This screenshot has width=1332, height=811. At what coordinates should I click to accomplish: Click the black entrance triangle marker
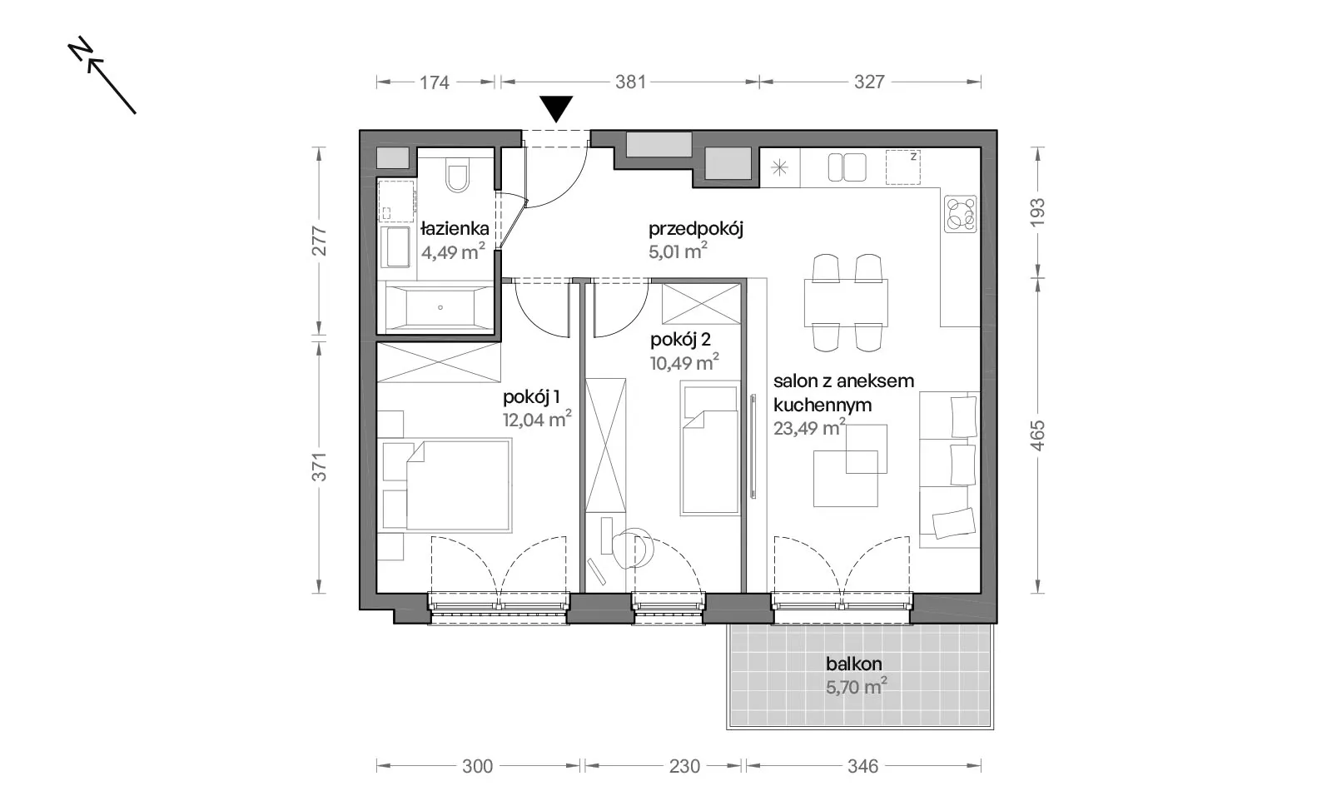click(x=556, y=108)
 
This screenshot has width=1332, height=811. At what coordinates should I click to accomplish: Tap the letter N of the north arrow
click(x=80, y=49)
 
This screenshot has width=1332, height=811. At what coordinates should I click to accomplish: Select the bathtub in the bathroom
click(x=440, y=306)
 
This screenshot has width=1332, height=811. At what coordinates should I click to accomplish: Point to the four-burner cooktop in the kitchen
click(x=961, y=214)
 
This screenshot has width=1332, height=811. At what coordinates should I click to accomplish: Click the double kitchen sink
click(x=847, y=167)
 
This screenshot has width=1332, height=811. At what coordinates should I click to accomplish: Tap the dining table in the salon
click(x=846, y=302)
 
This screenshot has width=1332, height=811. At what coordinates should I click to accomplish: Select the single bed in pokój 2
click(x=710, y=450)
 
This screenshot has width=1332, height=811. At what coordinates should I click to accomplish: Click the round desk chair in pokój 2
click(x=634, y=548)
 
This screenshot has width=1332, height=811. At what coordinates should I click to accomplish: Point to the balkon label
click(x=853, y=664)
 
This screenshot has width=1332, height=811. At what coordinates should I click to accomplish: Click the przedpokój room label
click(x=696, y=229)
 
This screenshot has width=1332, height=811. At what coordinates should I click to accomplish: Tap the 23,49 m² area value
click(x=809, y=427)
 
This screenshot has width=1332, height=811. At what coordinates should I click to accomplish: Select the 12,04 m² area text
click(x=537, y=419)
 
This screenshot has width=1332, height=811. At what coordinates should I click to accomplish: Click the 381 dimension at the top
click(x=630, y=82)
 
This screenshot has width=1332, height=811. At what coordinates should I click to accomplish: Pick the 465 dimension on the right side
click(x=1036, y=435)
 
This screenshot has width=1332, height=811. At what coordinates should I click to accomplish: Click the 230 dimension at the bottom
click(x=684, y=766)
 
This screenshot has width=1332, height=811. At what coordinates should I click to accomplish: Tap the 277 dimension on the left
click(x=320, y=241)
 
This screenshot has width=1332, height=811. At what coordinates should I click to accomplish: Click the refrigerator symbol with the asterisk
click(x=779, y=167)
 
